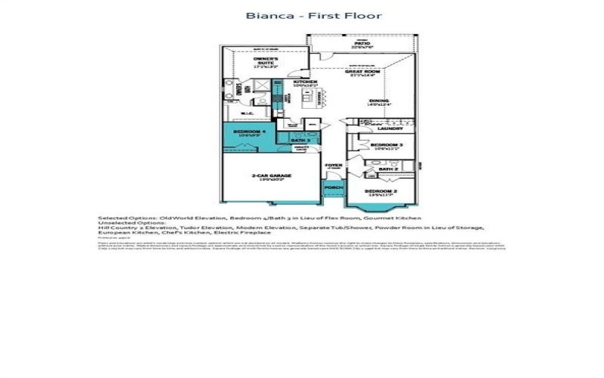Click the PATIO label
pyautogui.click(x=362, y=44)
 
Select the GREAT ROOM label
pyautogui.click(x=362, y=73)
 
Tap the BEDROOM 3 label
pyautogui.click(x=386, y=144)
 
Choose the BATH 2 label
pyautogui.click(x=388, y=169)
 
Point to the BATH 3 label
pyautogui.click(x=300, y=140)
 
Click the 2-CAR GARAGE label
pyautogui.click(x=271, y=176)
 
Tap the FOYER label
pyautogui.click(x=333, y=165)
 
